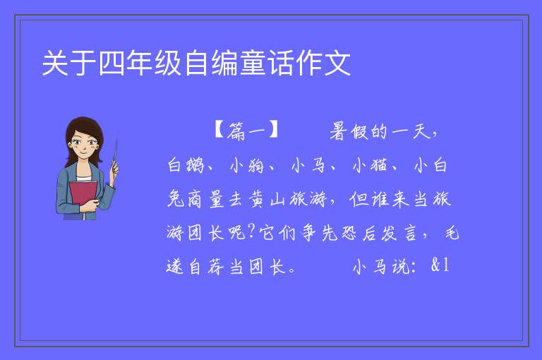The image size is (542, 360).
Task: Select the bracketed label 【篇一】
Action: point(246,131)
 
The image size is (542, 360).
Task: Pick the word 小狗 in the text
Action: point(247,165)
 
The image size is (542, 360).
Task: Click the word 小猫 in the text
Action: point(370,165)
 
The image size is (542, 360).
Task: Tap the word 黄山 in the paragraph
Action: point(267,199)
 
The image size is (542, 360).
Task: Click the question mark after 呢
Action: point(252,232)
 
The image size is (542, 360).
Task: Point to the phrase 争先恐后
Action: point(328,233)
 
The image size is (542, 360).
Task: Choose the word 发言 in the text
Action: point(399,233)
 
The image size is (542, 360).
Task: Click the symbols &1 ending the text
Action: point(440,265)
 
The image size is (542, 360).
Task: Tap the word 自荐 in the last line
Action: point(206,267)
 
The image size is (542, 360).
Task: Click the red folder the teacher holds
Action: point(83,195)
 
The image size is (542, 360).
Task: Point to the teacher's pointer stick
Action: point(115,155)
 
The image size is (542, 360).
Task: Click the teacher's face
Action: point(83,145)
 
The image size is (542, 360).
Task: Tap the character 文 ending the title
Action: point(337,64)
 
